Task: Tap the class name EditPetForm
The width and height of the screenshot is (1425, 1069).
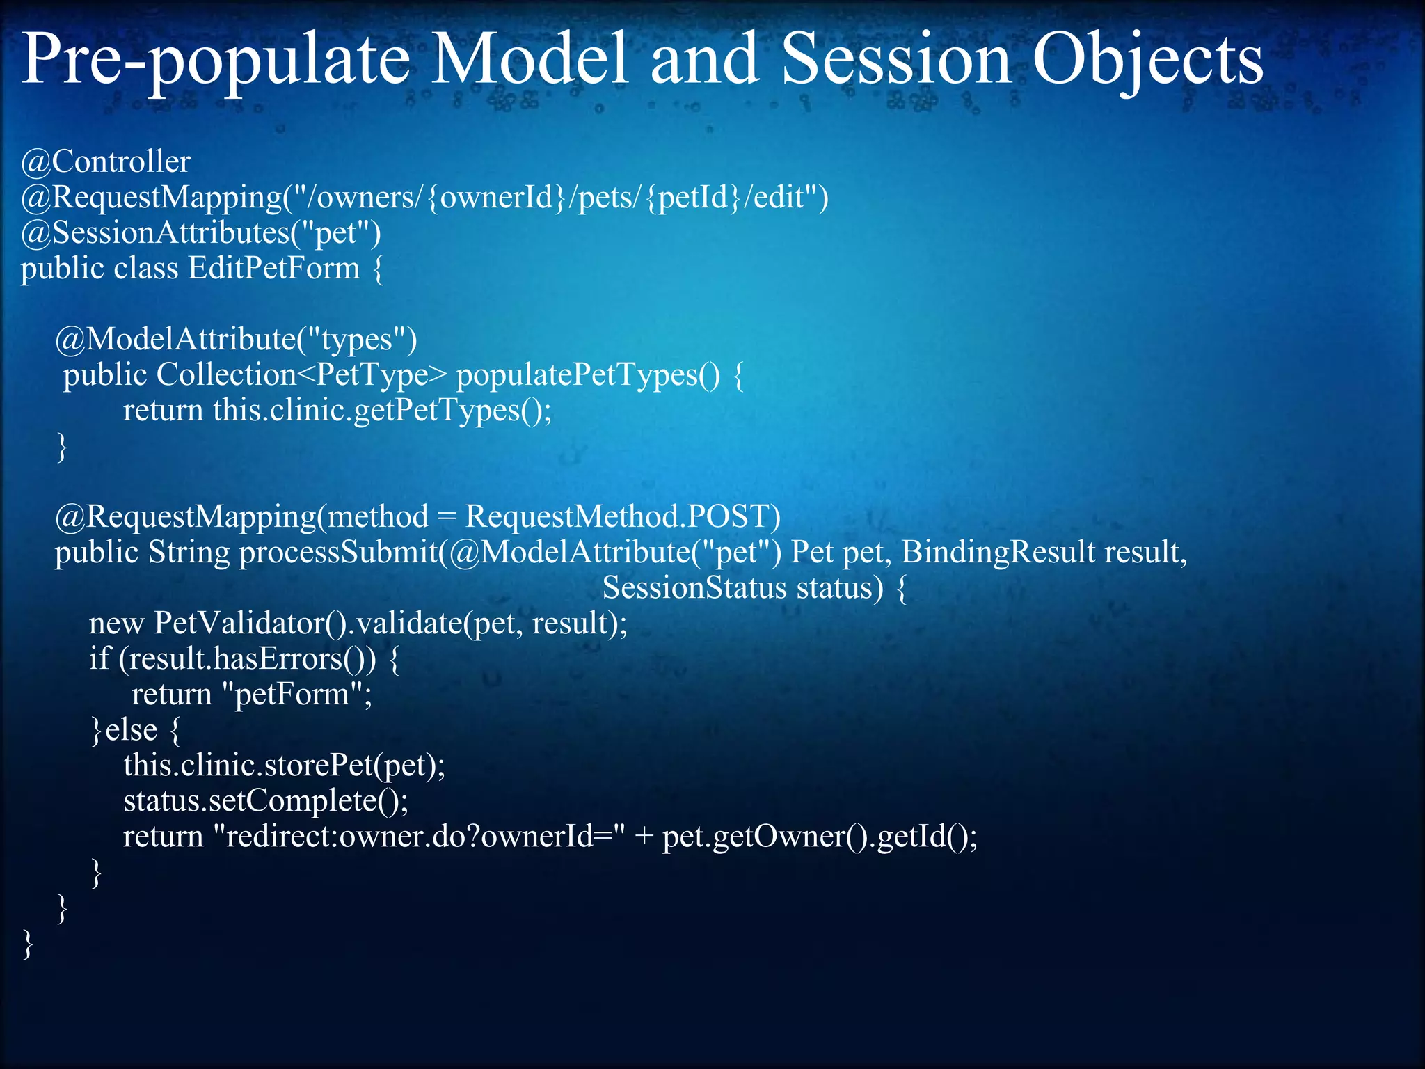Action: (x=274, y=269)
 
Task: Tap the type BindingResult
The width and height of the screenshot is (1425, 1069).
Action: (x=998, y=553)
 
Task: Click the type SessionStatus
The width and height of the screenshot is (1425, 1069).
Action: (x=694, y=588)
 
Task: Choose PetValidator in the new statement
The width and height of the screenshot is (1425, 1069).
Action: (x=240, y=624)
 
